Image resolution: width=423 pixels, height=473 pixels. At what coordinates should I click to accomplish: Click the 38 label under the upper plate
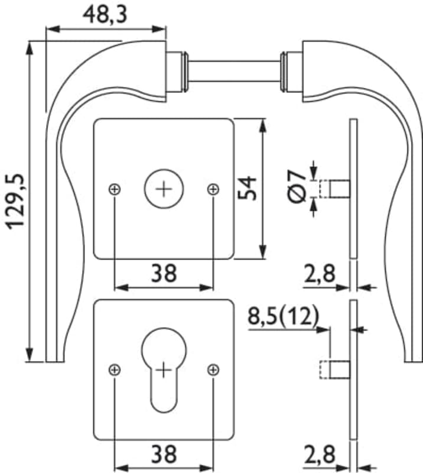tap(164, 273)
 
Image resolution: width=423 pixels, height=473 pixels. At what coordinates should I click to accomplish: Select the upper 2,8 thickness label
tap(319, 274)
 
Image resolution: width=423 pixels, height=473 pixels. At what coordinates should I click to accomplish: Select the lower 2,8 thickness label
tap(319, 456)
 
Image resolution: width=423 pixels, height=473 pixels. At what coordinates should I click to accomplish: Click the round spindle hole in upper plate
tap(164, 189)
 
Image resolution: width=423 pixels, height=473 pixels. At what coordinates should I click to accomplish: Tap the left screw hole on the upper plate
tap(115, 189)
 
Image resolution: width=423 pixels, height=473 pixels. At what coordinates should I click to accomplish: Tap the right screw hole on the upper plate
tap(213, 189)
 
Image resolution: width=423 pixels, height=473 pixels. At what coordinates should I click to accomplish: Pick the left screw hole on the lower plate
tap(115, 370)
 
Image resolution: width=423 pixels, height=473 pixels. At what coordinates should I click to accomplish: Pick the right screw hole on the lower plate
tap(213, 370)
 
